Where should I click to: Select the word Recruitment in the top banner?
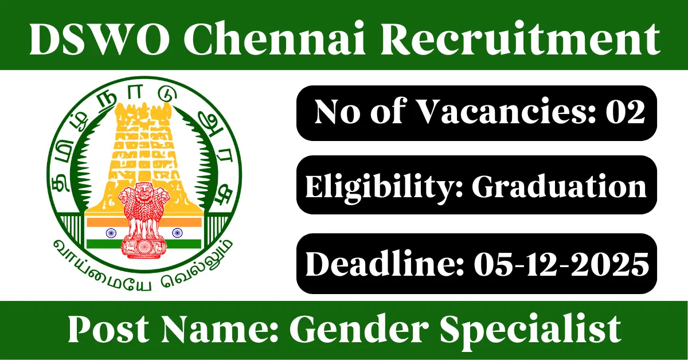521,38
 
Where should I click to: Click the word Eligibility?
384,187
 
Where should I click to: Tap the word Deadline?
384,263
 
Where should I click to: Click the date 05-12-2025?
561,264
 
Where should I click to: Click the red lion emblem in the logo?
144,221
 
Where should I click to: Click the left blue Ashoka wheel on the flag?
111,233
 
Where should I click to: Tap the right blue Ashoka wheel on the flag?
177,233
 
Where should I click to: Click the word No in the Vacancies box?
337,112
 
